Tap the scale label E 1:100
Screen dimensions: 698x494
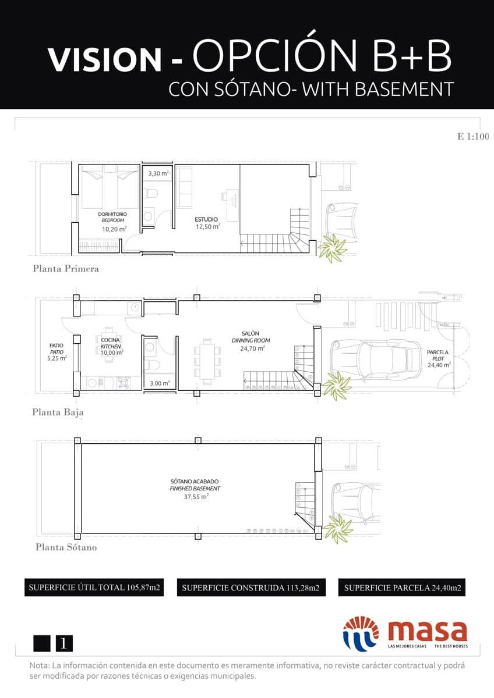(x=472, y=137)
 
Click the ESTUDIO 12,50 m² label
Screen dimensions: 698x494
(x=207, y=223)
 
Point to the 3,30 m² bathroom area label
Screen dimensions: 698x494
(x=157, y=173)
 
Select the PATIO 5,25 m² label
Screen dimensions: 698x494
(x=57, y=352)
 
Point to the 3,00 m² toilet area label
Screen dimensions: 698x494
(x=159, y=383)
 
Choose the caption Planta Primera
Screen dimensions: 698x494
(x=66, y=269)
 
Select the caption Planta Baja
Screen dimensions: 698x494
(x=58, y=412)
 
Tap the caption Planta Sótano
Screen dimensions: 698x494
(x=66, y=547)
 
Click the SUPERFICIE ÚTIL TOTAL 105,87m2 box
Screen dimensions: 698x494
(x=93, y=587)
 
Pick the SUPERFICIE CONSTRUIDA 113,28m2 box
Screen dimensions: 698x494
(x=250, y=587)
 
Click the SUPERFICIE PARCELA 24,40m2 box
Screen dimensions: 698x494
(x=403, y=587)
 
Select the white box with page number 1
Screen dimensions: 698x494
(x=64, y=643)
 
